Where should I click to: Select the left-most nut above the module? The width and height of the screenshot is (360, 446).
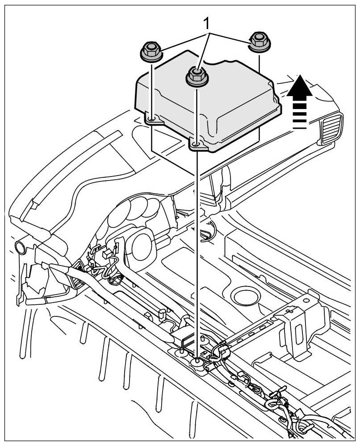pos(151,53)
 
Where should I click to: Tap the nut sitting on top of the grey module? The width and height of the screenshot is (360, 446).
pos(196,76)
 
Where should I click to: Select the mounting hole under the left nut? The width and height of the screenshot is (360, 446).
pos(152,119)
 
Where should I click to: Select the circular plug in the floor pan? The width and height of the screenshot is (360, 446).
pos(245,296)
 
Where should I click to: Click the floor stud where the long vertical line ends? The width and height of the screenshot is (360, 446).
pos(197,360)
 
